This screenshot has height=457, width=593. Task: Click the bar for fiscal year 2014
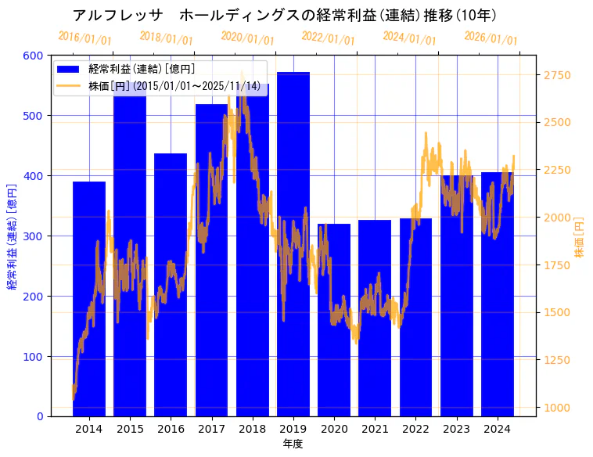pyautogui.click(x=89, y=313)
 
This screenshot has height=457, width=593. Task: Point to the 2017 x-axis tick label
pyautogui.click(x=211, y=429)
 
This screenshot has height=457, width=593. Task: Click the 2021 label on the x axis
pyautogui.click(x=375, y=429)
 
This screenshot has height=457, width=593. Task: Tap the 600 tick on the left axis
pyautogui.click(x=34, y=56)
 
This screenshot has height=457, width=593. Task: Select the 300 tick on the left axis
pyautogui.click(x=34, y=236)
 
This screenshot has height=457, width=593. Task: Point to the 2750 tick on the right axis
pyautogui.click(x=557, y=75)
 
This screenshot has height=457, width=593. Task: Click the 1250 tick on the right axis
pyautogui.click(x=557, y=360)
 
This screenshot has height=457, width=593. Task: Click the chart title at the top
pyautogui.click(x=284, y=15)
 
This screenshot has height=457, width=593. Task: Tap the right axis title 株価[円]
pyautogui.click(x=580, y=237)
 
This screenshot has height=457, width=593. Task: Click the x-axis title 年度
pyautogui.click(x=293, y=444)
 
